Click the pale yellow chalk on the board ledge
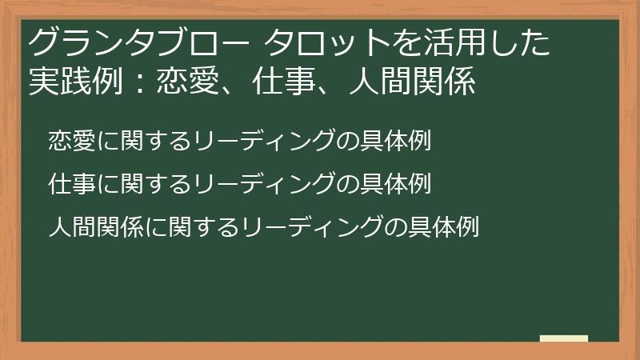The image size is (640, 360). coord(564,338)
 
